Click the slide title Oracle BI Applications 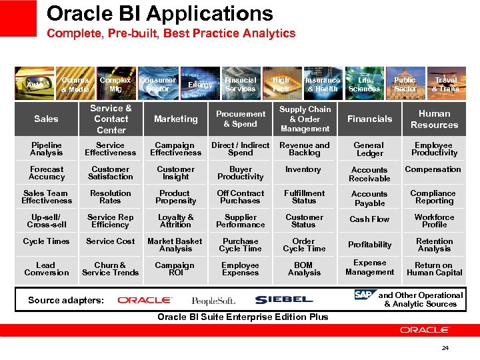click(159, 13)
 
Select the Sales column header click(46, 119)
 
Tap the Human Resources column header click(434, 119)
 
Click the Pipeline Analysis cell click(46, 149)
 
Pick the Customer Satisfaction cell click(110, 173)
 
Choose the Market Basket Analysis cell click(175, 245)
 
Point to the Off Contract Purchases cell click(240, 197)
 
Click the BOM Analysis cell click(304, 269)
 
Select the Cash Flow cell click(369, 219)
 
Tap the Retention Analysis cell click(434, 245)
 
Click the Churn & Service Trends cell click(110, 269)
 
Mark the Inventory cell click(304, 169)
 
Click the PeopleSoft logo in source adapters click(213, 301)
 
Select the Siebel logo click(283, 300)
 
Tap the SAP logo click(364, 295)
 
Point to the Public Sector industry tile click(405, 84)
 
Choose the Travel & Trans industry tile click(445, 84)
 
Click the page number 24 click(445, 347)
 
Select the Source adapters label click(66, 300)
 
